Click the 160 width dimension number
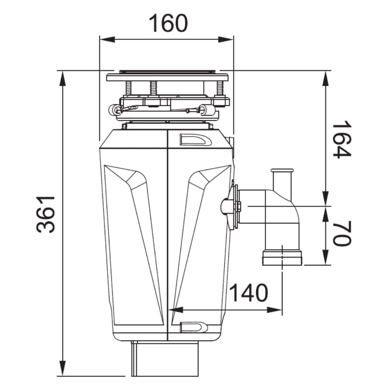[168, 23]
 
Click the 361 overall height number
[46, 214]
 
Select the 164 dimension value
[342, 139]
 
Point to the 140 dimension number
[248, 293]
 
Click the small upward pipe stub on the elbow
[282, 179]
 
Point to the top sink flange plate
[167, 77]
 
